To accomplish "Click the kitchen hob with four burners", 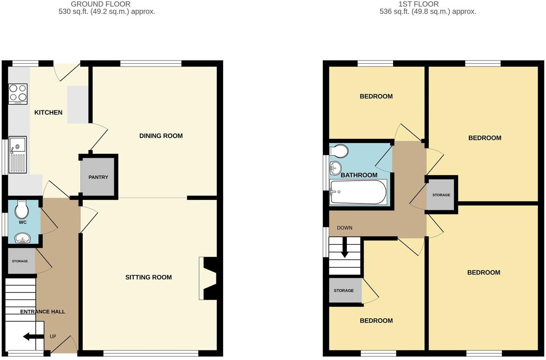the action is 18,94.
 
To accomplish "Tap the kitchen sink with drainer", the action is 18,155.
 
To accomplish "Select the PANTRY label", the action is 98,177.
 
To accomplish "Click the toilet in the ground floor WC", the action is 22,209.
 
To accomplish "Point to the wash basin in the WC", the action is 22,238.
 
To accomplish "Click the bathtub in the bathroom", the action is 358,192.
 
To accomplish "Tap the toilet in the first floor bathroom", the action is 338,151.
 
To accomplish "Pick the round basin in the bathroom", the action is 335,168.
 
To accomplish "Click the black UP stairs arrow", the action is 33,337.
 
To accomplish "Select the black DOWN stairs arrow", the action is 344,247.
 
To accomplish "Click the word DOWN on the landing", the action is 344,228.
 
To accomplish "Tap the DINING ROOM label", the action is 161,136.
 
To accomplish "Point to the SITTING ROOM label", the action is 149,277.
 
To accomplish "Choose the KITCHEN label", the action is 48,112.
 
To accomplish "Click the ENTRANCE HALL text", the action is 43,311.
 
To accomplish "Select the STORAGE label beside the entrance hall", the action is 20,261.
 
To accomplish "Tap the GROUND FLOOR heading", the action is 101,4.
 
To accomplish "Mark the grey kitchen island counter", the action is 78,105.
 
